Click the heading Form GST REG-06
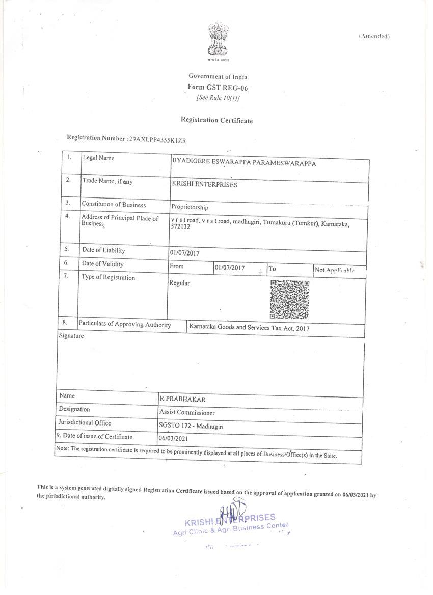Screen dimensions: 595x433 [218, 88]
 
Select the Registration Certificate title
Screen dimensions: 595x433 [216, 120]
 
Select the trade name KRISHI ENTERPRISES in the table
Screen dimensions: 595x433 [204, 185]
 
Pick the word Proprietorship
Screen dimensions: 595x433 [189, 207]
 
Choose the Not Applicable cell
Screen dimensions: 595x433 [334, 270]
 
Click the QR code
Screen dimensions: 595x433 [289, 299]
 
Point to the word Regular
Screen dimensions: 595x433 [179, 283]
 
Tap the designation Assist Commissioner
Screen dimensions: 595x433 [187, 413]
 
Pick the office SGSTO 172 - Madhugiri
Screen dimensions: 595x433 [191, 427]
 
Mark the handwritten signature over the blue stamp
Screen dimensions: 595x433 [232, 511]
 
